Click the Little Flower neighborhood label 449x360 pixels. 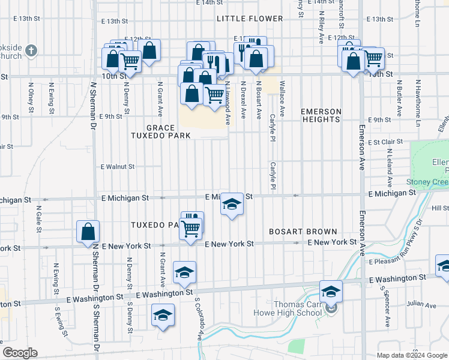250,19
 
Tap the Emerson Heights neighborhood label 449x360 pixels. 321,115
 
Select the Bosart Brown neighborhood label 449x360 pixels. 303,231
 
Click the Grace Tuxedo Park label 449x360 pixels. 161,131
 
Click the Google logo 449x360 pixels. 20,353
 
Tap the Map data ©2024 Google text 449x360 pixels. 411,355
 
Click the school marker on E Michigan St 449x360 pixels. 232,204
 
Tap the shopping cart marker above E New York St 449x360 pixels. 191,229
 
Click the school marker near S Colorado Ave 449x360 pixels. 184,272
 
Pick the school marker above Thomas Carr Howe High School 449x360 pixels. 330,292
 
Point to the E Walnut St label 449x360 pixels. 118,166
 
